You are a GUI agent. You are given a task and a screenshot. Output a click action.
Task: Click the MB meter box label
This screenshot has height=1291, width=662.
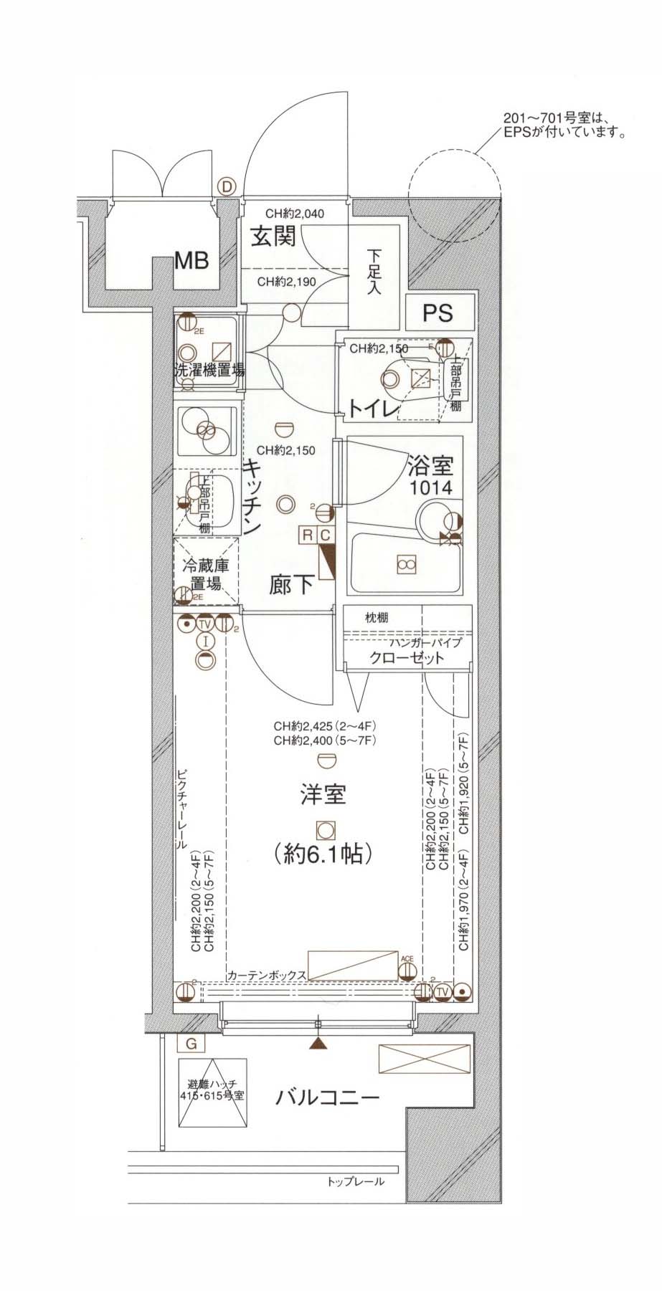[192, 260]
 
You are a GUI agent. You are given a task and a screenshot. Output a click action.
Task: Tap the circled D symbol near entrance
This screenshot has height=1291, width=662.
[227, 187]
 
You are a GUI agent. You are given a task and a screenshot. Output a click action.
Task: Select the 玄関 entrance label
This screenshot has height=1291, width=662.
[273, 236]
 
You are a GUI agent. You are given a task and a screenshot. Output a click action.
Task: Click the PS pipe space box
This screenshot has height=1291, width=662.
[438, 313]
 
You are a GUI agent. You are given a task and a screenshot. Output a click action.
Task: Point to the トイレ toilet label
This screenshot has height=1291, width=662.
[373, 409]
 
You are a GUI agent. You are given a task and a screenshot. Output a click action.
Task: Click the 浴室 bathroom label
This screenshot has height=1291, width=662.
[430, 467]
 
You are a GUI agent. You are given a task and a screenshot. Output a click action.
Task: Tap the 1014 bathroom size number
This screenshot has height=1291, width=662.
[430, 489]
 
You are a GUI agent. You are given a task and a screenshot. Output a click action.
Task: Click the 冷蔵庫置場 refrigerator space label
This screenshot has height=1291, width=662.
[206, 573]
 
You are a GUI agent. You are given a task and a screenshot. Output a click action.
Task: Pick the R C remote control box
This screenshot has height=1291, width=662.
[316, 535]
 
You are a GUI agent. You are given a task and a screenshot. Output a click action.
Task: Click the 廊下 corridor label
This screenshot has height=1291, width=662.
[291, 584]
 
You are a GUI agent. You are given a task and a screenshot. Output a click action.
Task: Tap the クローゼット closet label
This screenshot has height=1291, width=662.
[407, 658]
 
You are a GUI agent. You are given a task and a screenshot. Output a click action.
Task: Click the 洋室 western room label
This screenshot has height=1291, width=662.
[323, 794]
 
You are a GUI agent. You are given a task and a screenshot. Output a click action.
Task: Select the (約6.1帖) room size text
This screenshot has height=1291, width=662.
[323, 854]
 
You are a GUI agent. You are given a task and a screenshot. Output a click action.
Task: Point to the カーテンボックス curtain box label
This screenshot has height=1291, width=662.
[267, 976]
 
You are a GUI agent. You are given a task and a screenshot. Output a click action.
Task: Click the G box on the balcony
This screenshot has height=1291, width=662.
[191, 1044]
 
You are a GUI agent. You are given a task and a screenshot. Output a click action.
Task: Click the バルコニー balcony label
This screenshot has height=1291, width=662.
[328, 1097]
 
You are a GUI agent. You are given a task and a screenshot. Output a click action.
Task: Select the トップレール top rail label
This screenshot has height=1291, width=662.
[355, 1181]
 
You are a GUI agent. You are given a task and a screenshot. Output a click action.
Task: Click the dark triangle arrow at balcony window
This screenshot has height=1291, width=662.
[318, 1044]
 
